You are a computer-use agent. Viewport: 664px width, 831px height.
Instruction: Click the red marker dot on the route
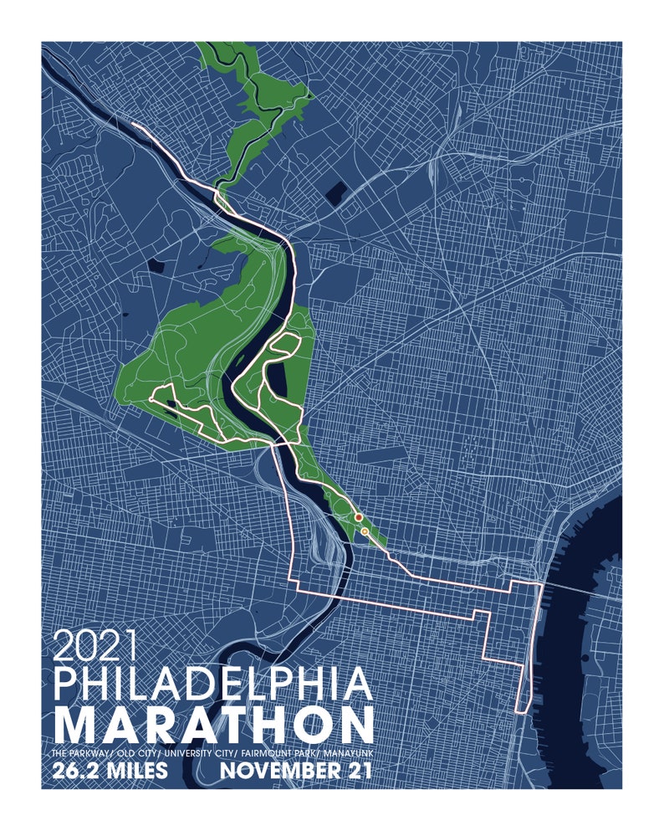pyautogui.click(x=358, y=518)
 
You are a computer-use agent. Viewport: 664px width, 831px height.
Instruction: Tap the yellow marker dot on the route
pyautogui.click(x=365, y=531)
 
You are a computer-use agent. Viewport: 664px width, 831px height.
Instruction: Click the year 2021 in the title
pyautogui.click(x=94, y=645)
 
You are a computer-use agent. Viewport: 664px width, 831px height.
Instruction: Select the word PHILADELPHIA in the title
pyautogui.click(x=212, y=685)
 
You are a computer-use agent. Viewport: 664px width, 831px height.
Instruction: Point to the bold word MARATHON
pyautogui.click(x=212, y=725)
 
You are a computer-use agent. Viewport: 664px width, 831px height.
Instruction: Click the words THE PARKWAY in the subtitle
pyautogui.click(x=80, y=753)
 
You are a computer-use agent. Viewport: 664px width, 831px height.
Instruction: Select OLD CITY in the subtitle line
pyautogui.click(x=134, y=753)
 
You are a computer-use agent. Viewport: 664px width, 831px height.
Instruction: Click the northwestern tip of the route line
pyautogui.click(x=134, y=125)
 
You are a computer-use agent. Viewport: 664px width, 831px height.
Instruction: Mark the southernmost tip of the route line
pyautogui.click(x=522, y=711)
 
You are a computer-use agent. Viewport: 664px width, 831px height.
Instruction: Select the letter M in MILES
pyautogui.click(x=109, y=772)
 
